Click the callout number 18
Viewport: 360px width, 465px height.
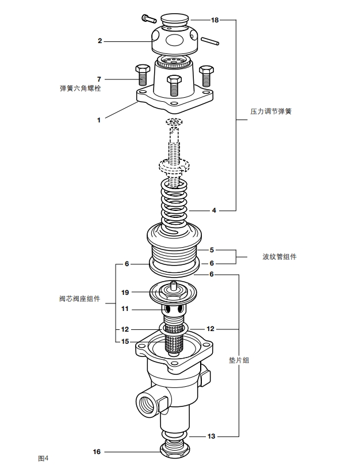click(x=215, y=20)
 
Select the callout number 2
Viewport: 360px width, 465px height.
click(x=99, y=41)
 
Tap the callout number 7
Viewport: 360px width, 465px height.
click(x=99, y=79)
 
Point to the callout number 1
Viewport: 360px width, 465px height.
click(x=99, y=120)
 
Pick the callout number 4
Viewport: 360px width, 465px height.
click(x=214, y=210)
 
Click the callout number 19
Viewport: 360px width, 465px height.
click(x=124, y=292)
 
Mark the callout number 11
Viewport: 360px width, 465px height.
click(x=124, y=309)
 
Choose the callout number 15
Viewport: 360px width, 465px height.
click(x=124, y=341)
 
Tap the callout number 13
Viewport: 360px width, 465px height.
click(x=212, y=436)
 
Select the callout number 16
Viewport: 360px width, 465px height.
click(x=97, y=452)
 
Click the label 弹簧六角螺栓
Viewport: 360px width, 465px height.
click(x=81, y=89)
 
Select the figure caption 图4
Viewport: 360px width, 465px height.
click(x=43, y=458)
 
